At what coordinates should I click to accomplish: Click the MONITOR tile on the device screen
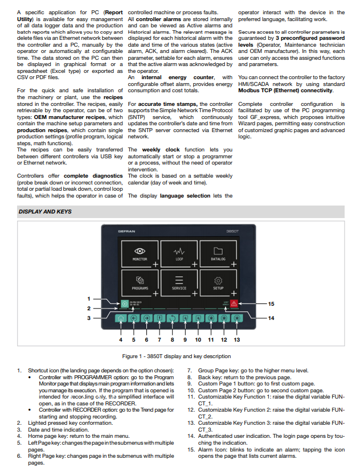pyautogui.click(x=140, y=253)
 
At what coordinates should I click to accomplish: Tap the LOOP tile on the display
pyautogui.click(x=179, y=253)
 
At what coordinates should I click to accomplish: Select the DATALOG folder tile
pyautogui.click(x=218, y=253)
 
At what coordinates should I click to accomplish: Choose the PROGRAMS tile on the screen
pyautogui.click(x=140, y=282)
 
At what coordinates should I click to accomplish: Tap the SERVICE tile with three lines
pyautogui.click(x=179, y=282)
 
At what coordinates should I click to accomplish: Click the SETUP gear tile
pyautogui.click(x=218, y=282)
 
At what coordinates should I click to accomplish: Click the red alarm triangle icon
pyautogui.click(x=234, y=303)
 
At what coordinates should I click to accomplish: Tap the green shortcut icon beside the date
pyautogui.click(x=124, y=303)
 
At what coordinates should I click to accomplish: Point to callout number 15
pyautogui.click(x=271, y=303)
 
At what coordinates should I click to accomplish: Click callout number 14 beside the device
pyautogui.click(x=271, y=318)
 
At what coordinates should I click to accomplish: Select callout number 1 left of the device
pyautogui.click(x=88, y=298)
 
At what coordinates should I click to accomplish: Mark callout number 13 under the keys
pyautogui.click(x=237, y=339)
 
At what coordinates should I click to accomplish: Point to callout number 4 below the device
pyautogui.click(x=121, y=339)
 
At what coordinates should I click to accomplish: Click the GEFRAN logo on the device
pyautogui.click(x=126, y=231)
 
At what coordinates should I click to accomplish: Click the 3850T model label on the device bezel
pyautogui.click(x=232, y=231)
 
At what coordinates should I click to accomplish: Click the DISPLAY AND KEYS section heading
pyautogui.click(x=45, y=212)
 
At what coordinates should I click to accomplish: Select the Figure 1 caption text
pyautogui.click(x=177, y=356)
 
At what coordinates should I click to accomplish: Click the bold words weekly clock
pyautogui.click(x=161, y=150)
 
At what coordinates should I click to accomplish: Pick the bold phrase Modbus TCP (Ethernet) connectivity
pyautogui.click(x=285, y=91)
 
